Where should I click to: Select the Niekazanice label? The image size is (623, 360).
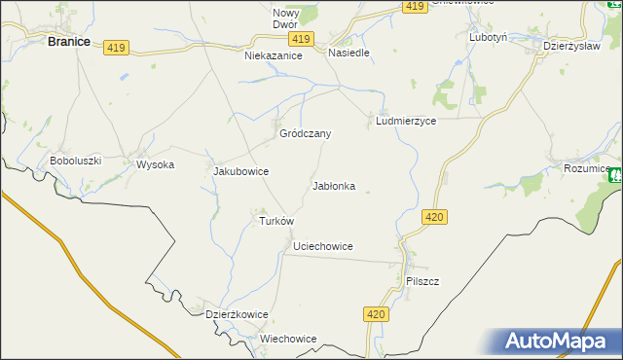[x=274, y=56]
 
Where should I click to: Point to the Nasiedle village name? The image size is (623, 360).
[x=348, y=53]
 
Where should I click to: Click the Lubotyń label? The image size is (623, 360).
[x=488, y=37]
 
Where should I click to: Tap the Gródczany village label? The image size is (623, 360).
[x=306, y=133]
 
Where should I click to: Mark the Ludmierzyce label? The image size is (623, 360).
[x=405, y=122]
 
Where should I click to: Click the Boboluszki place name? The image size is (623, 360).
[x=76, y=161]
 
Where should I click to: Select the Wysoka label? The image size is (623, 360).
[x=155, y=164]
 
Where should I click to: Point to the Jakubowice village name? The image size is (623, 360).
[x=240, y=171]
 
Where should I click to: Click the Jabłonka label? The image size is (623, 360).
[x=333, y=185]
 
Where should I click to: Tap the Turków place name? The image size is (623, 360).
[x=275, y=221]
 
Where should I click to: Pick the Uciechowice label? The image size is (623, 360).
[x=322, y=247]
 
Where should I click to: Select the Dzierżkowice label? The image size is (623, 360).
[x=237, y=314]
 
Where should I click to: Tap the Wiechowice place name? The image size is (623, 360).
[x=288, y=339]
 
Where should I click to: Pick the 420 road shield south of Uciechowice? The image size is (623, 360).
[x=378, y=314]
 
